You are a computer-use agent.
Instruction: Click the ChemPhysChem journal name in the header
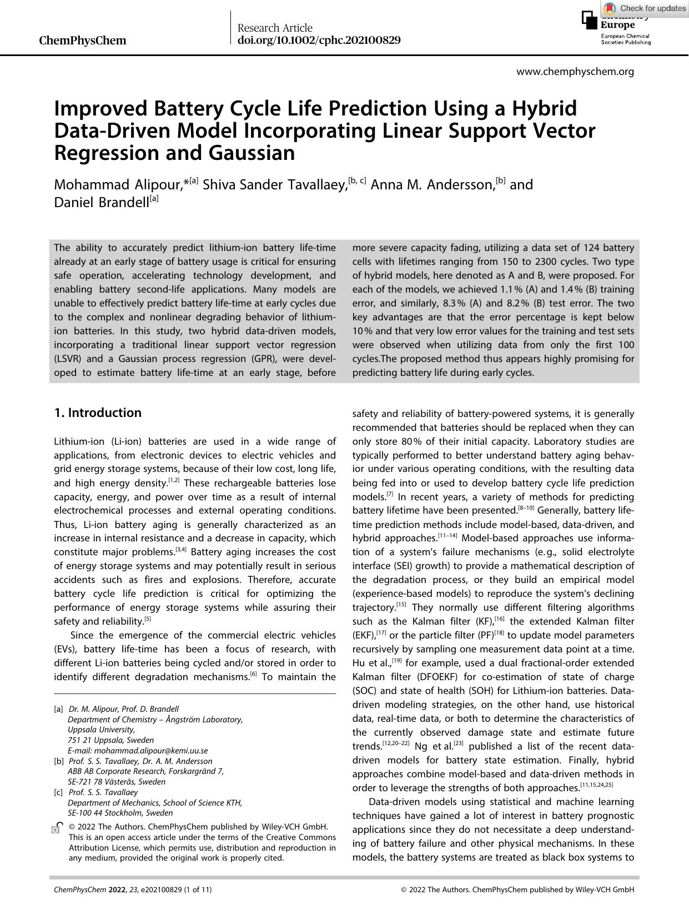click(x=83, y=41)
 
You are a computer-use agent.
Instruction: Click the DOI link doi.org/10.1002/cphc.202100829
click(x=319, y=41)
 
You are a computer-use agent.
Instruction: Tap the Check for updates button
click(x=645, y=8)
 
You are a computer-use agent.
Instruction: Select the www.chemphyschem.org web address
click(x=575, y=72)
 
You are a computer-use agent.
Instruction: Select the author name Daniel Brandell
click(x=101, y=203)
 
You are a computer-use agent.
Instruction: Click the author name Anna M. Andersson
click(x=432, y=185)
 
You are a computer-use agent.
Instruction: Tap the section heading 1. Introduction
click(x=98, y=413)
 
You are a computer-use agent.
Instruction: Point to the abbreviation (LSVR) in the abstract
click(x=71, y=359)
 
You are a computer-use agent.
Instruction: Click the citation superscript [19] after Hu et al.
click(x=397, y=661)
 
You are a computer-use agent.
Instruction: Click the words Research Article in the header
click(x=275, y=28)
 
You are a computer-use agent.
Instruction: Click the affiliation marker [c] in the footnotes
click(x=58, y=792)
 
